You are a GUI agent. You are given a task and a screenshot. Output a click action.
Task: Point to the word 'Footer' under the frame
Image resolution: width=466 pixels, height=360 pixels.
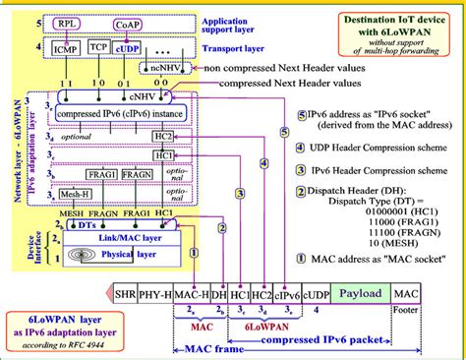click(404, 310)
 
